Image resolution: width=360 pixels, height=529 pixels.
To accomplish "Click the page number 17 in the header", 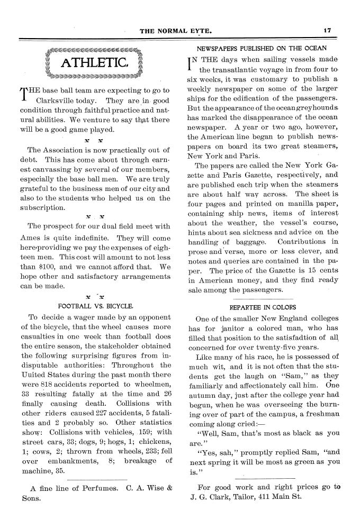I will pyautogui.click(x=327, y=31).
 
